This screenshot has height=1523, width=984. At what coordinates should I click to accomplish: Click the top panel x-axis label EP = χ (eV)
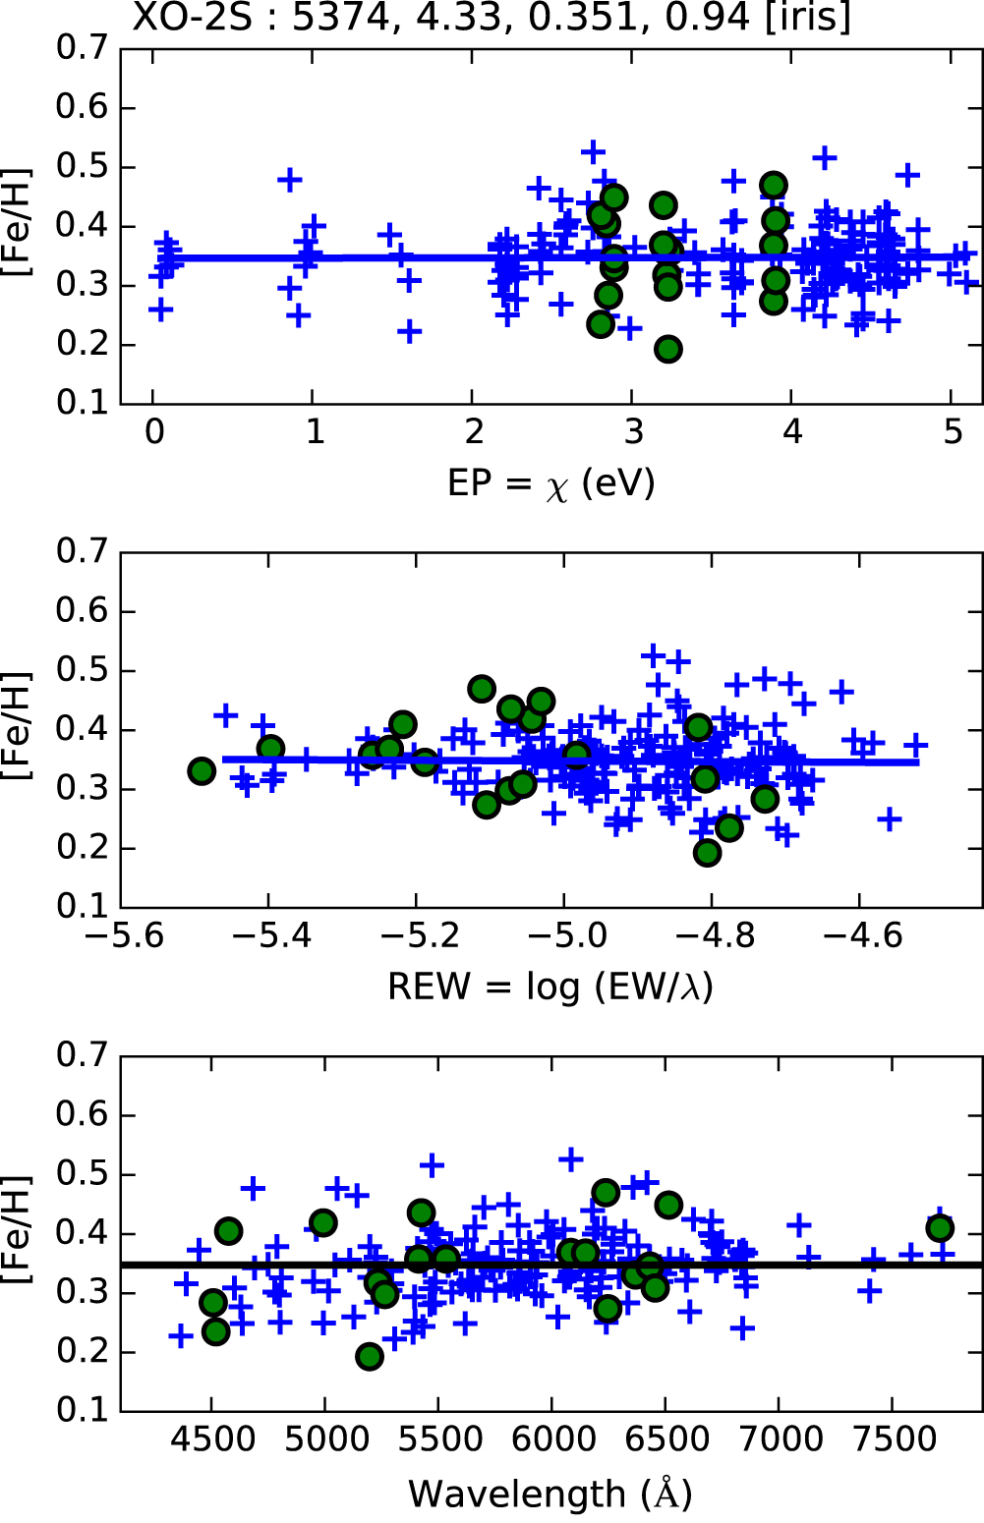[550, 483]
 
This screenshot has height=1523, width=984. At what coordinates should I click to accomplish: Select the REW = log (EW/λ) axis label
[550, 987]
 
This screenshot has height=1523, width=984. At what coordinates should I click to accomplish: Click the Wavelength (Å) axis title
[550, 1494]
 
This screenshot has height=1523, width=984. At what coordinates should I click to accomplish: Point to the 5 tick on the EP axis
[953, 432]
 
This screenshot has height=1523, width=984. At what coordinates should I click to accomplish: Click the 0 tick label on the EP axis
[154, 432]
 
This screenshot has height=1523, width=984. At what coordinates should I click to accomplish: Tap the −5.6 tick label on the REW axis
[124, 935]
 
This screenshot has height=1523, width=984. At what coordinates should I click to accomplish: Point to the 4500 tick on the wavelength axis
[211, 1440]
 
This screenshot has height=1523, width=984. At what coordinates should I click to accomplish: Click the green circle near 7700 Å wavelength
[940, 1227]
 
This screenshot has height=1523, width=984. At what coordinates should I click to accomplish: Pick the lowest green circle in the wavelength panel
[370, 1357]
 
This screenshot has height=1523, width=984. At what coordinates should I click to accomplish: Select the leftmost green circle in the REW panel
[202, 771]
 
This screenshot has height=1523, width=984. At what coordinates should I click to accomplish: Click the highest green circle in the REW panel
[482, 688]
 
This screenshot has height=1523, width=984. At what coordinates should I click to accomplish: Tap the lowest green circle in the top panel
[668, 349]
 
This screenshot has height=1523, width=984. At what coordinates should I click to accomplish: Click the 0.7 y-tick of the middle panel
[82, 552]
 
